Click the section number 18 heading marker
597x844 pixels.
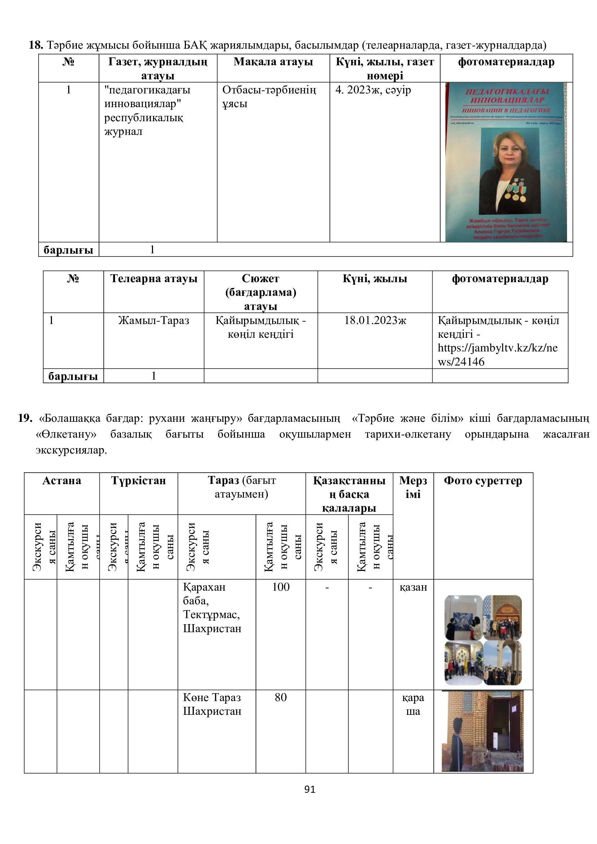tap(36, 45)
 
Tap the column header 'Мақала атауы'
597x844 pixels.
tap(273, 62)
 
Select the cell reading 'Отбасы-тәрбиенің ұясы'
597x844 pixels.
tap(269, 97)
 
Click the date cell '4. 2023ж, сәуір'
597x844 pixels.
tap(373, 90)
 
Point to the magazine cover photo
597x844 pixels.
tap(506, 162)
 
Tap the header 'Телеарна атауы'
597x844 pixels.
tap(154, 279)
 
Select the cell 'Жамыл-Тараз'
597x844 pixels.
tap(154, 320)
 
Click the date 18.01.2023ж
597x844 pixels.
tap(375, 320)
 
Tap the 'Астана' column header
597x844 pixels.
tap(62, 481)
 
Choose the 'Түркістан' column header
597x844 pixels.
tap(139, 481)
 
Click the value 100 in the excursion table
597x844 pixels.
tap(281, 587)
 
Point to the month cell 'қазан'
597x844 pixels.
tap(413, 587)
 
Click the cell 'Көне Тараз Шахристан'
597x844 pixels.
tap(212, 704)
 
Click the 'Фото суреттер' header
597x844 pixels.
tap(483, 481)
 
